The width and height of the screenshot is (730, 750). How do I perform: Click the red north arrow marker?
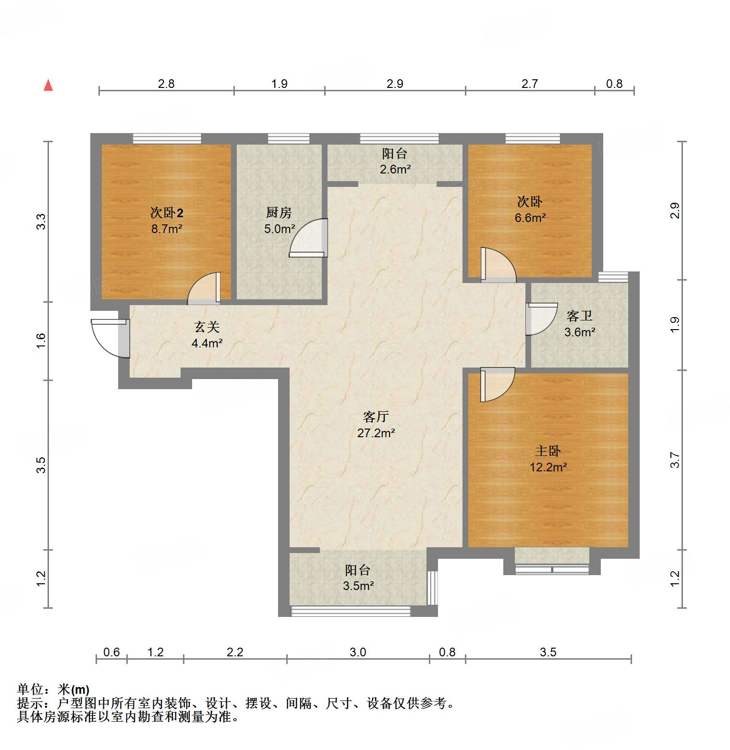pyautogui.click(x=48, y=85)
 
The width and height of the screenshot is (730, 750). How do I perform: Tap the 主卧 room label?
pyautogui.click(x=547, y=451)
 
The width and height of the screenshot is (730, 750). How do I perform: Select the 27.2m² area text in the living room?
pyautogui.click(x=376, y=433)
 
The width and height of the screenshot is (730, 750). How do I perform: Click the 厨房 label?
pyautogui.click(x=279, y=212)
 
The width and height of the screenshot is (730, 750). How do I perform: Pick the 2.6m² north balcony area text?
pyautogui.click(x=395, y=169)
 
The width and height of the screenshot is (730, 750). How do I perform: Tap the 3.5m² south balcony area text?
pyautogui.click(x=358, y=586)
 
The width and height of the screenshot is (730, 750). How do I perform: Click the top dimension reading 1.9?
pyautogui.click(x=279, y=84)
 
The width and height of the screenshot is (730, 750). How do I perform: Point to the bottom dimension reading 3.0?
pyautogui.click(x=358, y=652)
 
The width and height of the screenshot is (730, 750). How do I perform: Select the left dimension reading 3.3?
pyautogui.click(x=41, y=221)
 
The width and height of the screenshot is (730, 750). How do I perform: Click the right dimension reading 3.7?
pyautogui.click(x=675, y=460)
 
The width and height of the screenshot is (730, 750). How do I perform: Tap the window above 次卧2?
pyautogui.click(x=167, y=138)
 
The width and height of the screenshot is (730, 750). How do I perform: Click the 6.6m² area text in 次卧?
pyautogui.click(x=530, y=218)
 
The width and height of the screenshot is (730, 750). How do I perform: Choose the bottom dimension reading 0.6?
pyautogui.click(x=111, y=652)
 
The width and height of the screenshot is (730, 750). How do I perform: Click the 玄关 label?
pyautogui.click(x=207, y=327)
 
